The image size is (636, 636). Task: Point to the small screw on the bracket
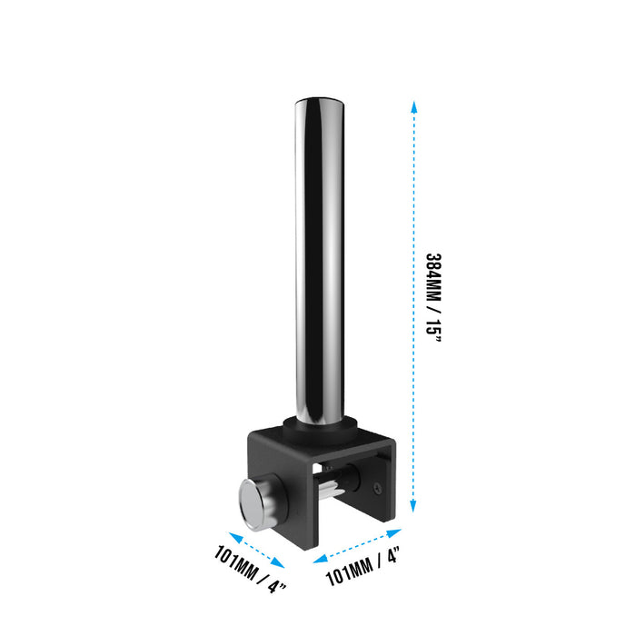click(x=378, y=489)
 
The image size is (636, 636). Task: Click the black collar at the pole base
click(x=321, y=426)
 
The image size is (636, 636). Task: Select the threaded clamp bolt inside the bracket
click(x=331, y=489)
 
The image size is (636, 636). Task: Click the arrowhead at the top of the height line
click(x=413, y=106)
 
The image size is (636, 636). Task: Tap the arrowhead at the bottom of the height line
click(x=413, y=506)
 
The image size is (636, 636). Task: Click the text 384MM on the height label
click(x=433, y=277)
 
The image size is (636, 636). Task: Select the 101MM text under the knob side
click(x=235, y=562)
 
